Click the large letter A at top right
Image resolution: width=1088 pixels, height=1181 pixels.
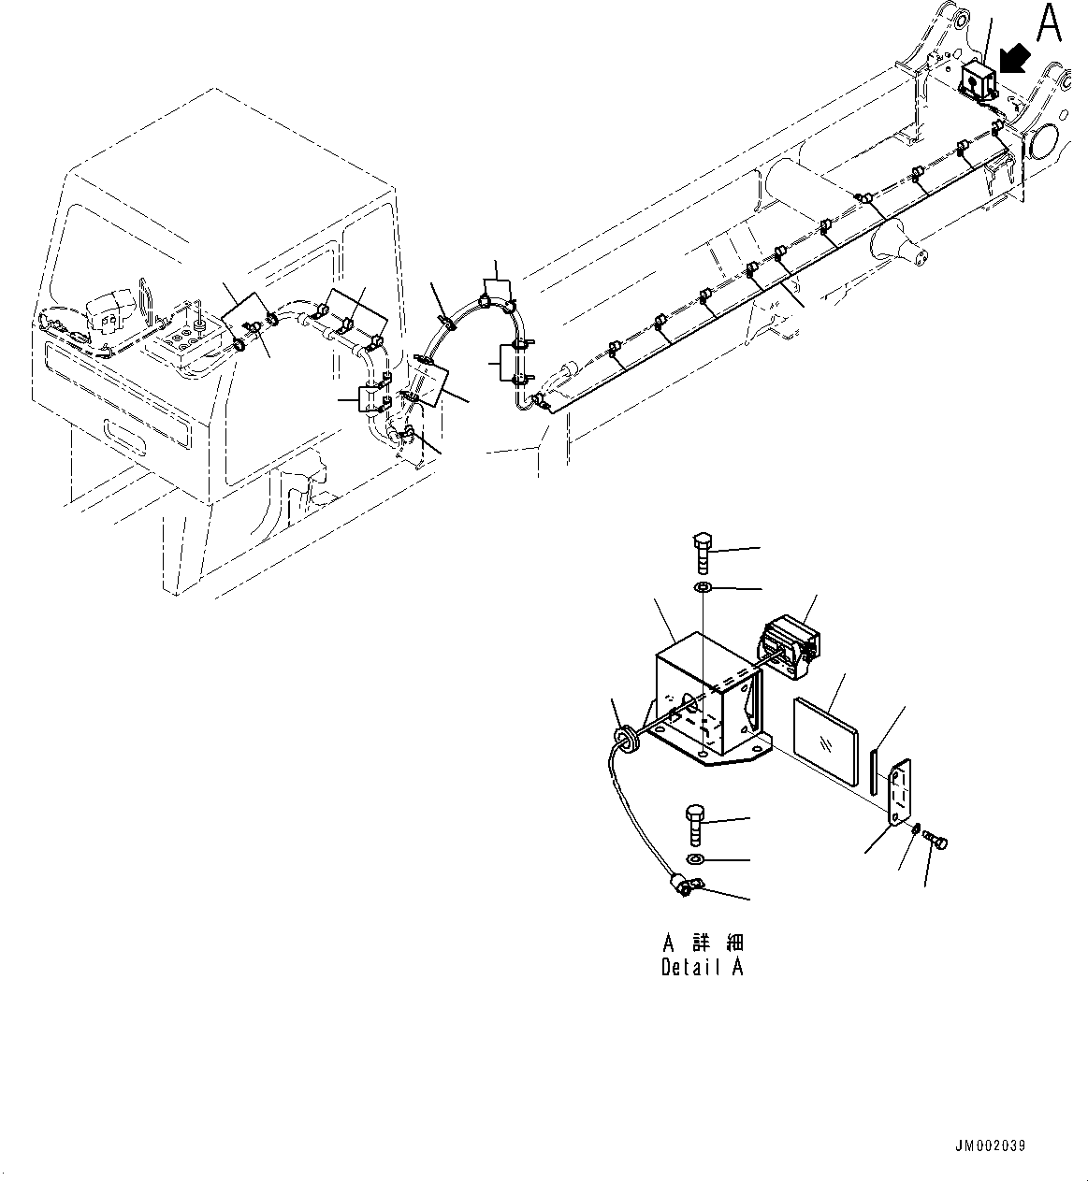[1049, 23]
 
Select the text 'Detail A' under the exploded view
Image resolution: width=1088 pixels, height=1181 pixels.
[702, 968]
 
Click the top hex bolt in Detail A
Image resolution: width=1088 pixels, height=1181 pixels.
[704, 553]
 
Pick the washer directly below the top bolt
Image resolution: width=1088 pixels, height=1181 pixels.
[703, 588]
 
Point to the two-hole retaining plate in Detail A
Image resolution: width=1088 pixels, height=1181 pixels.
[899, 793]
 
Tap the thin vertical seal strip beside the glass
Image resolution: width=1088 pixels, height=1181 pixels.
[874, 770]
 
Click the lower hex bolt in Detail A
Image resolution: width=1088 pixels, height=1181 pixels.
[695, 823]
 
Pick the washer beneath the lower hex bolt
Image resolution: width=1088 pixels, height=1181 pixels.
[695, 859]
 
